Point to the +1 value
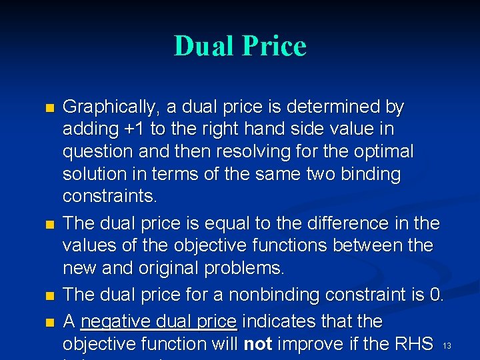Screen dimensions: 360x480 tap(143, 129)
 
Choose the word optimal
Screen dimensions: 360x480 tap(386, 151)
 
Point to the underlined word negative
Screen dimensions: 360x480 tap(111, 321)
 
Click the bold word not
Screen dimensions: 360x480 tap(257, 344)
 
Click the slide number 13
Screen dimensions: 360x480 tap(447, 345)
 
